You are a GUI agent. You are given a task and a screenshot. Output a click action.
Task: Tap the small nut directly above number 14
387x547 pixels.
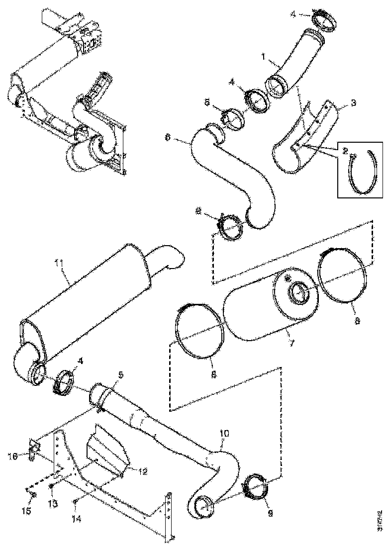75,500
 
